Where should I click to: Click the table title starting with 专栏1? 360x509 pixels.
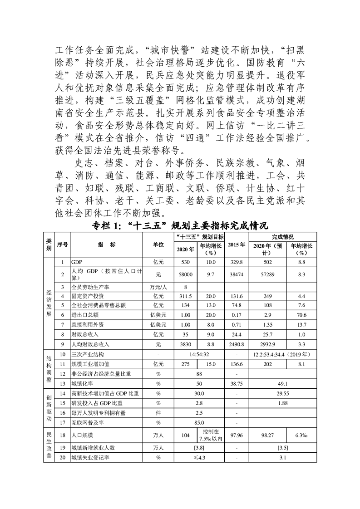click(x=180, y=225)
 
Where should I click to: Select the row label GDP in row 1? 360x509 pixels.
click(x=76, y=262)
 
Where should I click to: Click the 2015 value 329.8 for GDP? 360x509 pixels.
click(x=237, y=262)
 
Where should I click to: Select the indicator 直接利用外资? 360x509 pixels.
click(x=86, y=325)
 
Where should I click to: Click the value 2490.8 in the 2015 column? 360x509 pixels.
click(x=237, y=344)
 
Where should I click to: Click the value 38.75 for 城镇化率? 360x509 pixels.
click(x=237, y=383)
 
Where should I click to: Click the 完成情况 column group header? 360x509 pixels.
click(x=283, y=237)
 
